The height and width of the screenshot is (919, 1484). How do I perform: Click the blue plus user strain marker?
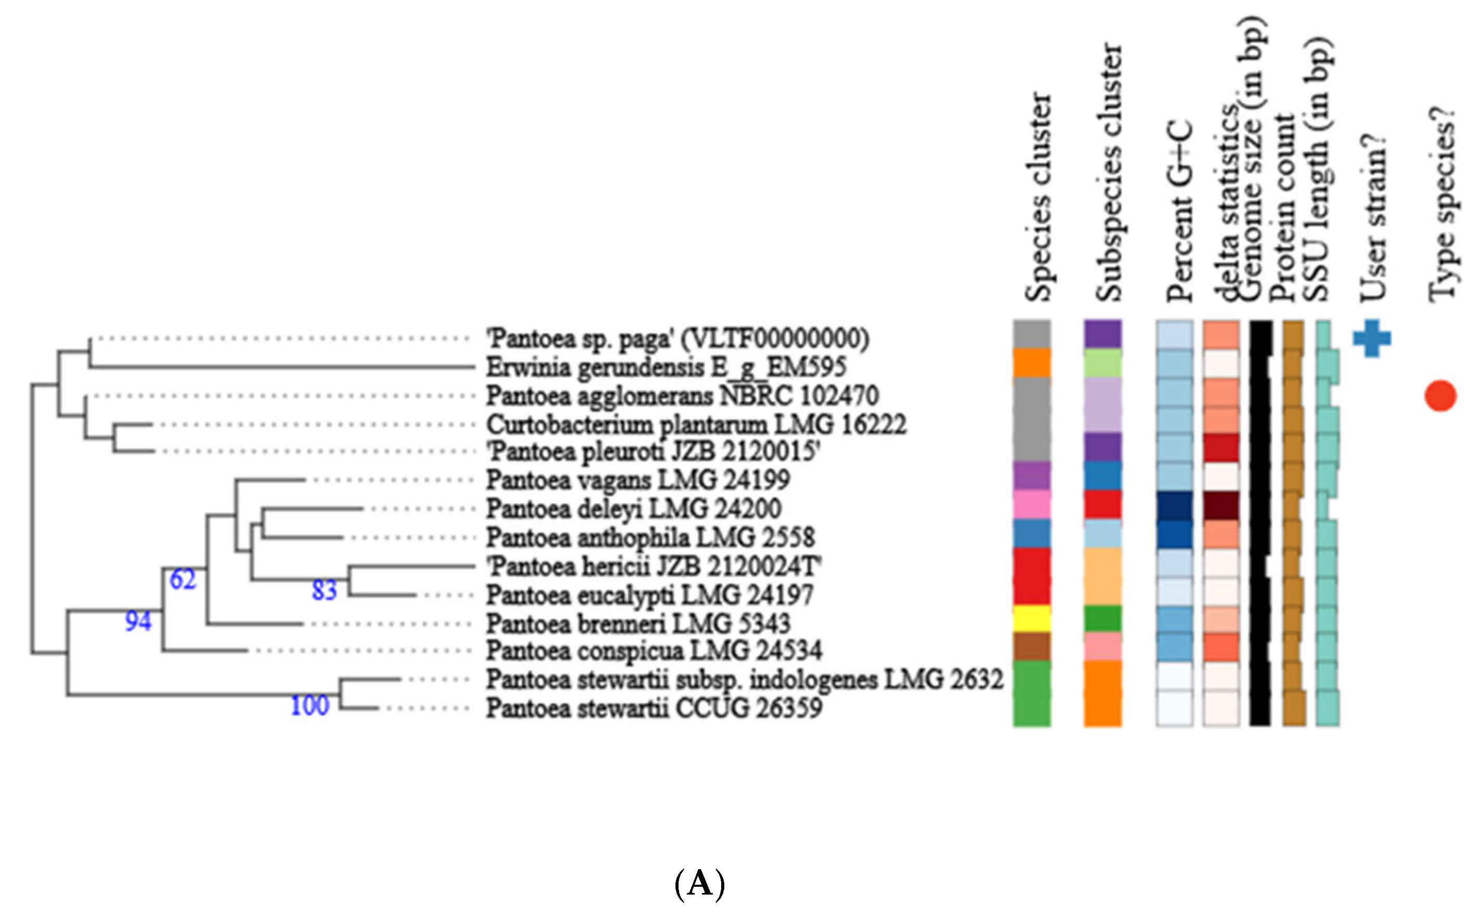[x=1372, y=338]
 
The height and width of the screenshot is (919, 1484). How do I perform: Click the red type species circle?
[x=1440, y=396]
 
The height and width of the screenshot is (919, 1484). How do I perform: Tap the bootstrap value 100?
[x=310, y=706]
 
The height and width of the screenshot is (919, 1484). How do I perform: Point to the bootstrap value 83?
[x=324, y=590]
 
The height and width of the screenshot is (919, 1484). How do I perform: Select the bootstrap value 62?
[x=183, y=579]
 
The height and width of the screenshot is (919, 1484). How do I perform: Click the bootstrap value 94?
[x=138, y=621]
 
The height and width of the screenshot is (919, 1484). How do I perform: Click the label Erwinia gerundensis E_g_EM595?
[x=666, y=367]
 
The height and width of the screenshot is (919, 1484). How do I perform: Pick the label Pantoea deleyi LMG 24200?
[x=633, y=508]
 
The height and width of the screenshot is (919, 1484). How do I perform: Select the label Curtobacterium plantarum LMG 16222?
[x=696, y=424]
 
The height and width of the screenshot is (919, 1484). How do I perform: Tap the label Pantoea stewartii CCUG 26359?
[x=654, y=708]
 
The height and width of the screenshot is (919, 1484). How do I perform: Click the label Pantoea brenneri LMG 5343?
[x=637, y=623]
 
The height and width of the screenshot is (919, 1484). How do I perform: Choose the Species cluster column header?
[x=1037, y=198]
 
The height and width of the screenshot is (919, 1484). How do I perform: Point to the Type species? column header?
[x=1442, y=207]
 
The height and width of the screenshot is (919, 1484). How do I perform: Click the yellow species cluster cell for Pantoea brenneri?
[x=1032, y=618]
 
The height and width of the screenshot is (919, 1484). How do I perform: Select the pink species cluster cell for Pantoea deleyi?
[x=1032, y=505]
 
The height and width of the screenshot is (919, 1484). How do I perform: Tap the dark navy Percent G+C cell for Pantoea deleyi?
[x=1174, y=505]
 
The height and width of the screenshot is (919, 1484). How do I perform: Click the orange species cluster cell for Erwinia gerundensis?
[x=1032, y=362]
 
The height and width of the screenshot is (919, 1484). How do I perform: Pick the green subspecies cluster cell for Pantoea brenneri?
[x=1102, y=618]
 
